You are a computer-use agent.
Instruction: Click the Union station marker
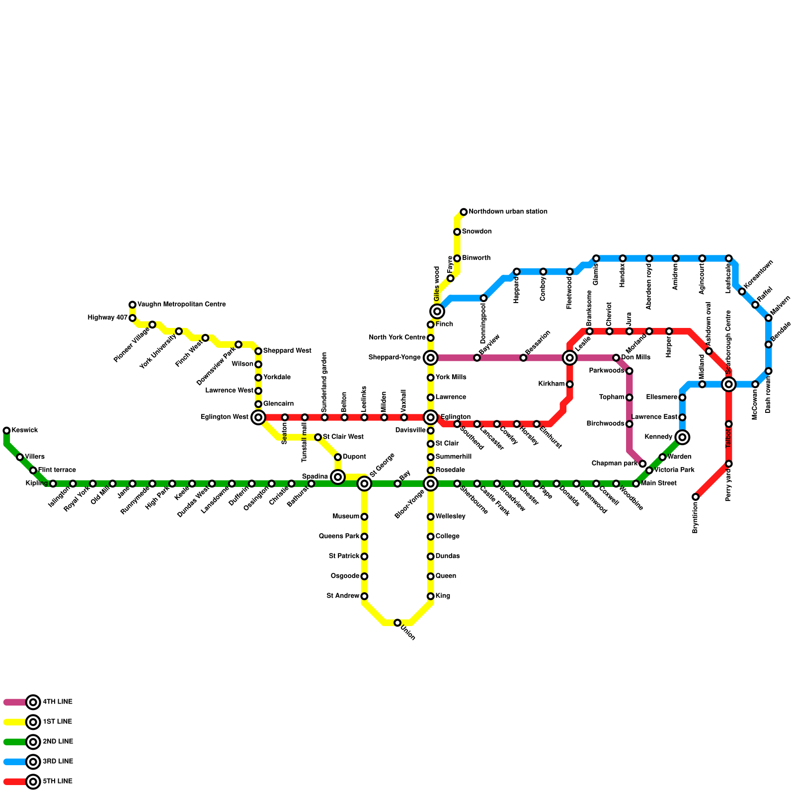(x=397, y=623)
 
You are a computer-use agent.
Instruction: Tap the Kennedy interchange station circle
(x=682, y=437)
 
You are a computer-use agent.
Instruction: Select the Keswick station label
(x=25, y=430)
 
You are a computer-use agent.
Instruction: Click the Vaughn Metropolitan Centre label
(x=181, y=305)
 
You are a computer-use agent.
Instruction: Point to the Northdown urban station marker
(x=464, y=212)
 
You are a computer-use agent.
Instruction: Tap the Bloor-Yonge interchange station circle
(x=431, y=483)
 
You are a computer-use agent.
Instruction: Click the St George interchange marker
(x=364, y=483)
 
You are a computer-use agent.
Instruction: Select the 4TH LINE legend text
(x=58, y=702)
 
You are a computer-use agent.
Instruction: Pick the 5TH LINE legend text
(x=58, y=782)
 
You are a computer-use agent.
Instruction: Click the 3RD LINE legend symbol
(x=33, y=762)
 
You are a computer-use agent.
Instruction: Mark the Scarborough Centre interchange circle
(x=729, y=384)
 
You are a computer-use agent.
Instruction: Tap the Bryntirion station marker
(x=696, y=497)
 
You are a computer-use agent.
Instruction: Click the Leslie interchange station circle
(x=570, y=358)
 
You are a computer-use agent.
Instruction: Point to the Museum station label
(x=346, y=517)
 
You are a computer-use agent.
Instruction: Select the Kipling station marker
(x=53, y=483)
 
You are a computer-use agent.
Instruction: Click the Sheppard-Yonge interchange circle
(x=431, y=358)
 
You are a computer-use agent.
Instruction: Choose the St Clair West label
(x=343, y=437)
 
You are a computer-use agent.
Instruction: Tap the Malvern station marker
(x=769, y=318)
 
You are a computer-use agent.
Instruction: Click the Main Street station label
(x=659, y=483)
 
